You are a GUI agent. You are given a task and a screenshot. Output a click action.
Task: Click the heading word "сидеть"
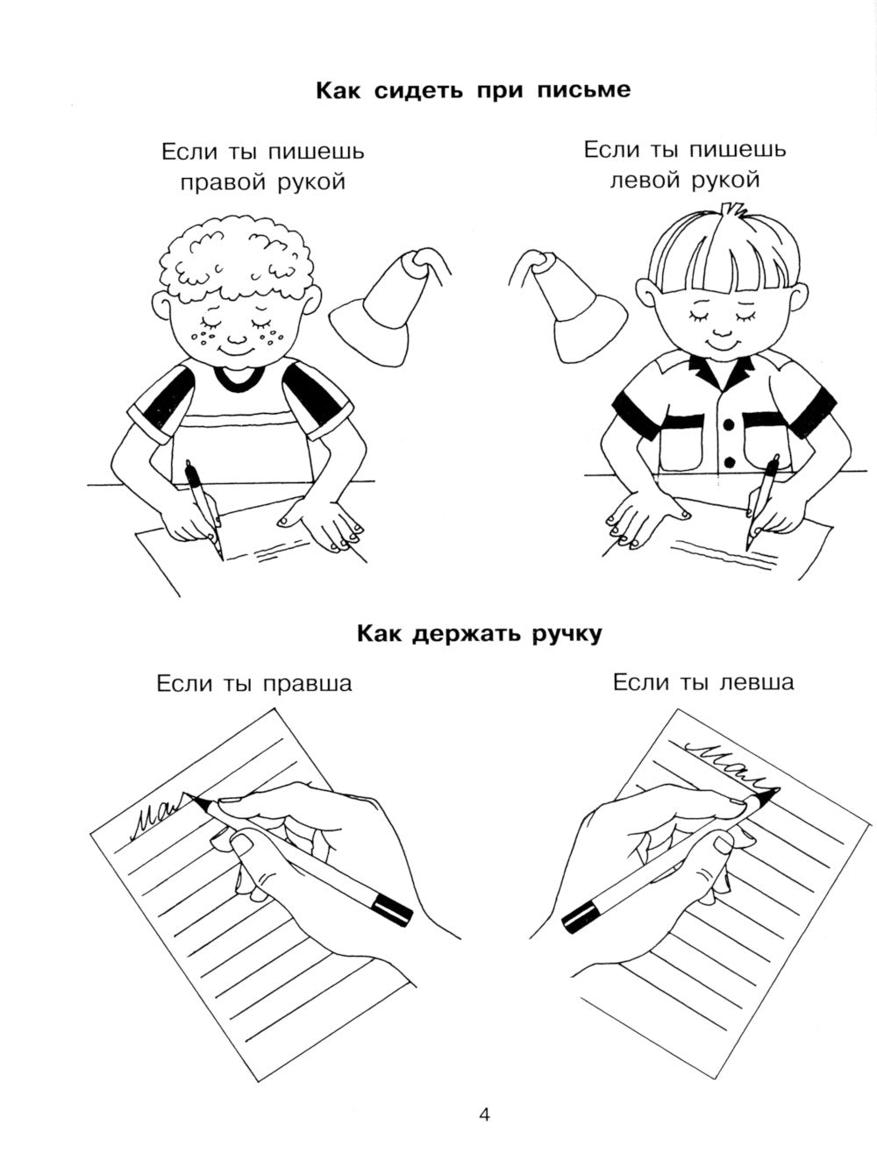(418, 90)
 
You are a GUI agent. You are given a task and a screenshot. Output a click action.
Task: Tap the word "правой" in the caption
(225, 183)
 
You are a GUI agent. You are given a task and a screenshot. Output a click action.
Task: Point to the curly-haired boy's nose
(236, 338)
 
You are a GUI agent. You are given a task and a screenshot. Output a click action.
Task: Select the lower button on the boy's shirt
(729, 462)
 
